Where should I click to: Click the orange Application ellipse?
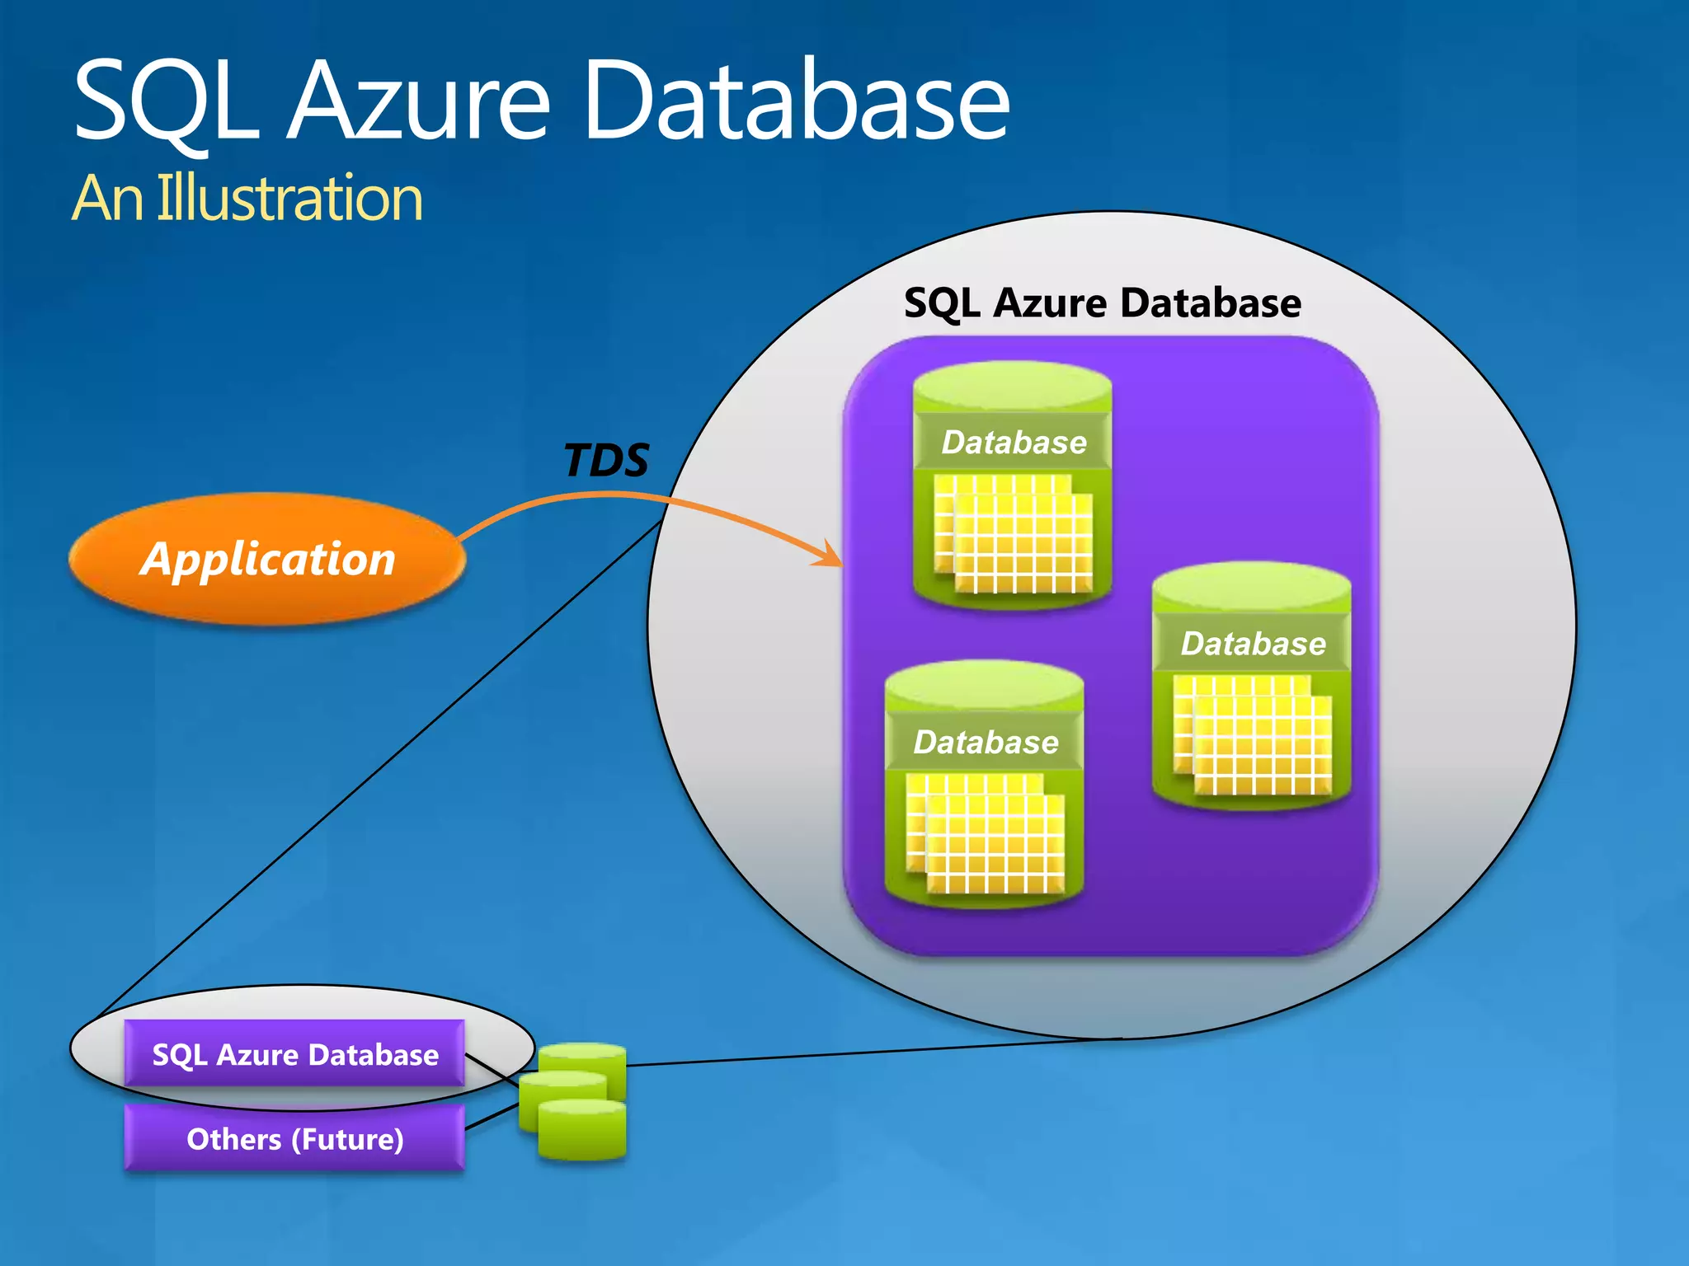coord(267,559)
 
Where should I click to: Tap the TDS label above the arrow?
coord(606,460)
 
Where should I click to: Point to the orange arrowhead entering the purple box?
coord(831,557)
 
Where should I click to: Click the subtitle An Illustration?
coord(247,199)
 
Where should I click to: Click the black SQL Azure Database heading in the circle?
coord(1103,303)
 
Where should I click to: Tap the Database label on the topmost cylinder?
coord(1014,443)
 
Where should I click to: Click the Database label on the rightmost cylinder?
coord(1253,644)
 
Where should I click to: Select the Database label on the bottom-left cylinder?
coord(986,743)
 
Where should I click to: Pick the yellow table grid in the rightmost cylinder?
coord(1252,735)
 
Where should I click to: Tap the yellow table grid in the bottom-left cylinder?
coord(985,833)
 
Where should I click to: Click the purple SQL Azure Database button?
coord(294,1054)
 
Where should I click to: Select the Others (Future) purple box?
coord(294,1139)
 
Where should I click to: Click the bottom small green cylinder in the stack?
coord(582,1133)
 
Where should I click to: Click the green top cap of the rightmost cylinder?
coord(1251,586)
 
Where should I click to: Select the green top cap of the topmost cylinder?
coord(1013,385)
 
